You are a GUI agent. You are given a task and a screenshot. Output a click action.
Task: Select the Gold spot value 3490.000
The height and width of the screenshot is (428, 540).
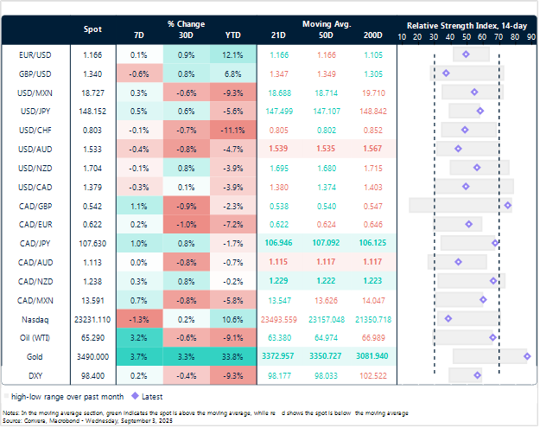click(x=92, y=356)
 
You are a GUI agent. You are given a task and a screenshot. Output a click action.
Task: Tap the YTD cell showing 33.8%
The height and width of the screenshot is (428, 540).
click(x=232, y=356)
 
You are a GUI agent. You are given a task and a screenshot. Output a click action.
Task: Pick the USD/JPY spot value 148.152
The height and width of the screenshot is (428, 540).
click(x=92, y=111)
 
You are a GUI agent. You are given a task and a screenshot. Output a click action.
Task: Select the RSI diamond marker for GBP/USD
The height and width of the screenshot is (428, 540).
click(x=446, y=73)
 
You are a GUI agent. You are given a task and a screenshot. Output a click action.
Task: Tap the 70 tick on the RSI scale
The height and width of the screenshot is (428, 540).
click(x=499, y=37)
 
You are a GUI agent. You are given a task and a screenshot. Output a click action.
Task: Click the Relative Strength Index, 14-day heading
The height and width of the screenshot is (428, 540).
click(x=467, y=25)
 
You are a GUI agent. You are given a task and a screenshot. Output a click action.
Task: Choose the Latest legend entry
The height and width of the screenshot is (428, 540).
click(x=143, y=395)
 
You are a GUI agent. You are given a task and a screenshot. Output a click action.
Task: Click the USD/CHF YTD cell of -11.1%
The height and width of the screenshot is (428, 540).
click(x=232, y=130)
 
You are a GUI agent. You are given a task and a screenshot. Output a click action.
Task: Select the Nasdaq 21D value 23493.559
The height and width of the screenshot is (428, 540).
click(x=279, y=318)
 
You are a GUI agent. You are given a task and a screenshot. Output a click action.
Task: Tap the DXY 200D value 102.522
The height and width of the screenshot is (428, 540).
click(x=372, y=375)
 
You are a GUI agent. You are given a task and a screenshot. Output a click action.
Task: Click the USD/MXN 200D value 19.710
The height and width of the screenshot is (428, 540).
click(x=372, y=92)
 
